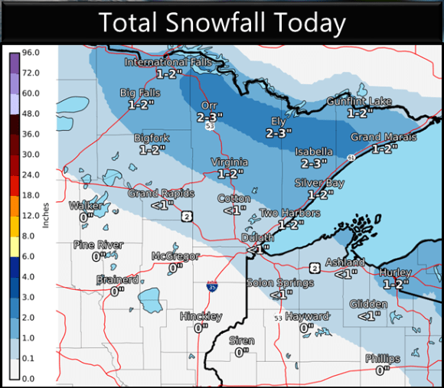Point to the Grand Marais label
[x=384, y=137]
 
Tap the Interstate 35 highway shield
[x=211, y=285]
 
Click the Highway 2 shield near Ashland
[x=314, y=267]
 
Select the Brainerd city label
[x=117, y=280]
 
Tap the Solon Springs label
[x=280, y=282]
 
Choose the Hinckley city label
[x=201, y=316]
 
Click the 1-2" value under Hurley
[x=397, y=283]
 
